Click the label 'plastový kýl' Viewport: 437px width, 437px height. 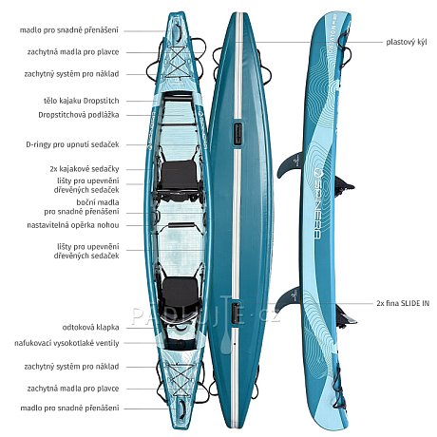pyautogui.click(x=407, y=42)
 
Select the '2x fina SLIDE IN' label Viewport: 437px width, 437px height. pyautogui.click(x=403, y=303)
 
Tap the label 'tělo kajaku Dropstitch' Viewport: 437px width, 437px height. pyautogui.click(x=82, y=101)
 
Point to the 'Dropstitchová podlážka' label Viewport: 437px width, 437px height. pyautogui.click(x=79, y=115)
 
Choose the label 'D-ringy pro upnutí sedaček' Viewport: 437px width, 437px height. pyautogui.click(x=72, y=144)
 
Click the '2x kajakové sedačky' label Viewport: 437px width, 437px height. pyautogui.click(x=85, y=169)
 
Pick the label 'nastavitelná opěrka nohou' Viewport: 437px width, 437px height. pyautogui.click(x=73, y=225)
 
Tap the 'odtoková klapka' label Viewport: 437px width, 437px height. pyautogui.click(x=90, y=328)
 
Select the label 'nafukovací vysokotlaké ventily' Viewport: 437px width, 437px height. pyautogui.click(x=66, y=343)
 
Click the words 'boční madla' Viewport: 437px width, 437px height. pyautogui.click(x=98, y=202)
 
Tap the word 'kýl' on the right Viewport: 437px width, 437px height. pyautogui.click(x=421, y=42)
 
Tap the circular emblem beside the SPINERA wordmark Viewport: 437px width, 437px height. pyautogui.click(x=317, y=172)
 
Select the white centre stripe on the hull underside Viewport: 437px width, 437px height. pyautogui.click(x=237, y=218)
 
